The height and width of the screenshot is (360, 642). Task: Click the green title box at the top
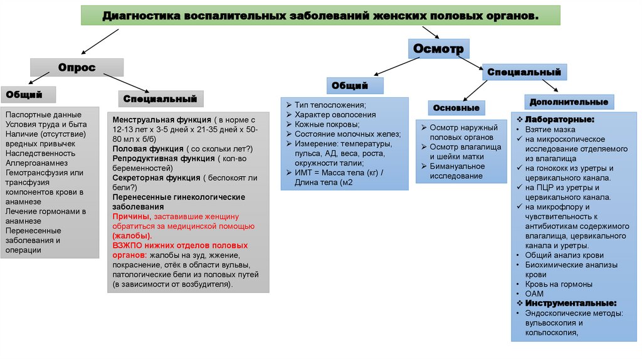tap(320, 15)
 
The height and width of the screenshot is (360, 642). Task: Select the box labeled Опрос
tap(77, 67)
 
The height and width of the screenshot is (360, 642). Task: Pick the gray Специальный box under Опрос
tap(160, 98)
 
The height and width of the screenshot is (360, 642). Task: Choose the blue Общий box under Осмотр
tap(349, 85)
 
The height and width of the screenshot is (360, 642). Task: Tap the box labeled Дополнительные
tap(569, 102)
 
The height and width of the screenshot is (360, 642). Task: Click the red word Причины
tap(129, 216)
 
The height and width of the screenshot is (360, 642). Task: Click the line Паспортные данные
tap(43, 115)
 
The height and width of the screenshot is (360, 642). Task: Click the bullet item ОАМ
tap(534, 294)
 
